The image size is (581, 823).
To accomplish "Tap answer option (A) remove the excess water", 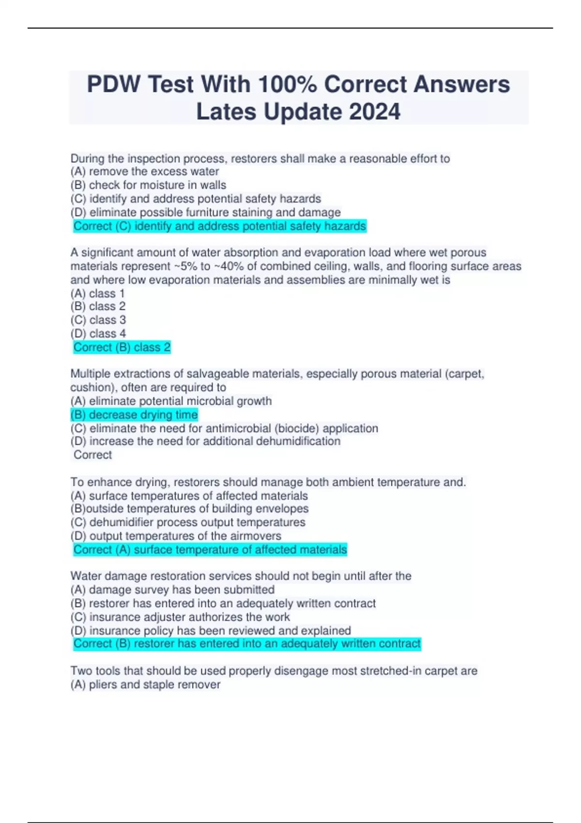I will coord(145,171).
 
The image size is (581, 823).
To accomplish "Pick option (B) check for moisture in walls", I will coord(148,185).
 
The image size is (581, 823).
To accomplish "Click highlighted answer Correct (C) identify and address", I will coord(220,226).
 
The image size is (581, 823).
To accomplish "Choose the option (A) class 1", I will coord(98,293).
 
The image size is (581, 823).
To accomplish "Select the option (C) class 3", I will coord(98,320).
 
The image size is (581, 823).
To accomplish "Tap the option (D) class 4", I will coord(98,334).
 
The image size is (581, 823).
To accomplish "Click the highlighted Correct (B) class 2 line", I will coord(122,347).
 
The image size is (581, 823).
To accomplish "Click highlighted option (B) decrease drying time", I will coord(134,414).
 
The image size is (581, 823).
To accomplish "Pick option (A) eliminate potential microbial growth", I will coord(171,401).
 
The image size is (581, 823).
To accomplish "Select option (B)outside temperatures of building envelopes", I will coord(189,508).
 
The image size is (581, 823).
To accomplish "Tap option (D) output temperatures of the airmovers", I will coord(176,536).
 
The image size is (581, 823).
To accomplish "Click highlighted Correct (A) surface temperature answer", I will coord(210,549).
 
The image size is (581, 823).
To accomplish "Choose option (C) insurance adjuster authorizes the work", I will coord(180,617).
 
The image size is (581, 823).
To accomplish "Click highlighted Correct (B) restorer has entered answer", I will coord(247,643).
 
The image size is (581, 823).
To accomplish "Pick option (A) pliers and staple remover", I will coord(145,685).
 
